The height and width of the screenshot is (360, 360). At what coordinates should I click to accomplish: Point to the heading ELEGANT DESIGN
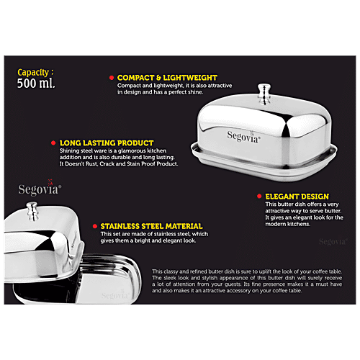click(x=296, y=196)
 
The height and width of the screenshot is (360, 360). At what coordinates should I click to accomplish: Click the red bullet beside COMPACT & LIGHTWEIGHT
click(x=111, y=76)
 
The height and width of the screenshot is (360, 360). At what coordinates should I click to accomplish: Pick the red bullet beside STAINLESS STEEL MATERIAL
click(x=94, y=225)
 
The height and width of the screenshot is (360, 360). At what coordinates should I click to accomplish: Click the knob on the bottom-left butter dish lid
click(x=32, y=211)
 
